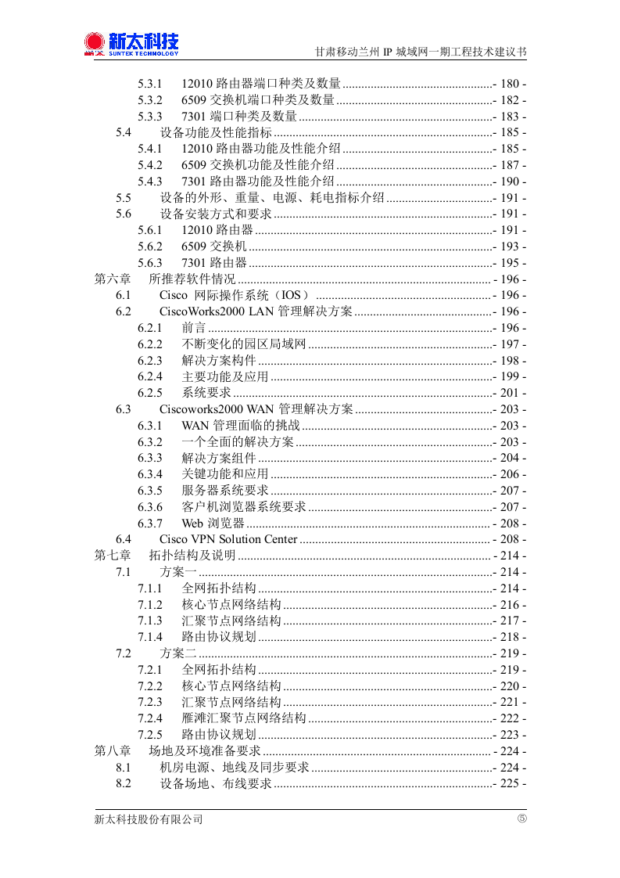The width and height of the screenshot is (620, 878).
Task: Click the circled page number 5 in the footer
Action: pos(521,819)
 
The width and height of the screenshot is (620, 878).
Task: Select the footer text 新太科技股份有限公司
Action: pos(149,819)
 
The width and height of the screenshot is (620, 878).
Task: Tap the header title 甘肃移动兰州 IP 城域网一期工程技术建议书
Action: pos(420,52)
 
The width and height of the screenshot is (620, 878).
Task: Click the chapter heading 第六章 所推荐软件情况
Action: pos(165,279)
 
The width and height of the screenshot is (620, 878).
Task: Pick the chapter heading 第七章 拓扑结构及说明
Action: pos(165,556)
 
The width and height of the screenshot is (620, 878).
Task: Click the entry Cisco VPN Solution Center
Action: pos(228,539)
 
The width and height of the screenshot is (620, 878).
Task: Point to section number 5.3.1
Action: pos(150,84)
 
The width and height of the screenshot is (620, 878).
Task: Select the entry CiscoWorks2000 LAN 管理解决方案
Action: pos(256,311)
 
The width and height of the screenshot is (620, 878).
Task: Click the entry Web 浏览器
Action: pos(213,523)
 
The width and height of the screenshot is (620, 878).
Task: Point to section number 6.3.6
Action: pos(150,507)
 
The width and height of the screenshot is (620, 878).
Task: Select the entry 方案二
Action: pos(178,653)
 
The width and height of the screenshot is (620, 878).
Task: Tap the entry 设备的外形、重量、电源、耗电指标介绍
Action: pos(272,198)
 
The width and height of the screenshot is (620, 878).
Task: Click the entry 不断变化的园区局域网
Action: pos(244,344)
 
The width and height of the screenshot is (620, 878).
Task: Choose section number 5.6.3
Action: pos(150,263)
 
